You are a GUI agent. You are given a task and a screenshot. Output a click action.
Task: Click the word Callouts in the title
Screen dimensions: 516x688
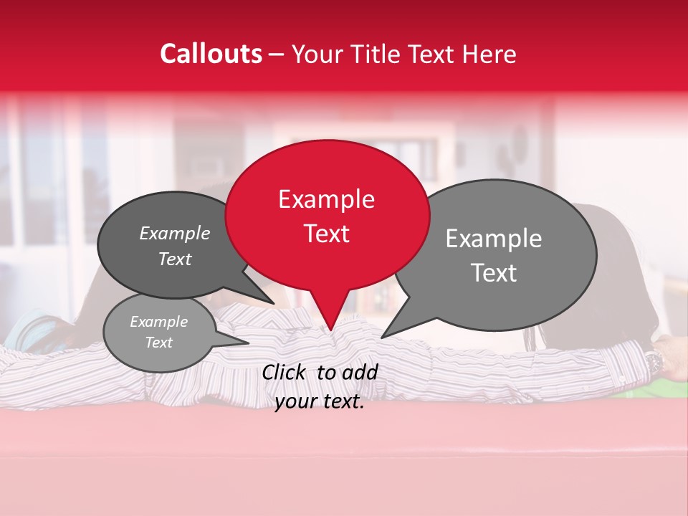(x=211, y=54)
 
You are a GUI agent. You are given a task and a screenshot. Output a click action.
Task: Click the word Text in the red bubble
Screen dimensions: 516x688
(x=327, y=233)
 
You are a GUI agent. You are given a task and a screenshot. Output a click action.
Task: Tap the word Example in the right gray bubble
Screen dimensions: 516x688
(x=494, y=238)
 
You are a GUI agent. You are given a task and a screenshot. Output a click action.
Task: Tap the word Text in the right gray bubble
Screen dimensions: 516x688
(x=494, y=272)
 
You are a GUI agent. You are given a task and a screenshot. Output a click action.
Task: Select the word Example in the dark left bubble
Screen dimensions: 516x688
(x=175, y=233)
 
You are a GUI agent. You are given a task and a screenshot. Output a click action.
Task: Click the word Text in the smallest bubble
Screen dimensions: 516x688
(x=159, y=343)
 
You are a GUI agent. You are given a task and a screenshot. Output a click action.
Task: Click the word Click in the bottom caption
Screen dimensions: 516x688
(x=285, y=371)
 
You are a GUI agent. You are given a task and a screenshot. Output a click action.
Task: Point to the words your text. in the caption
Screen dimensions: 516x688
(x=319, y=401)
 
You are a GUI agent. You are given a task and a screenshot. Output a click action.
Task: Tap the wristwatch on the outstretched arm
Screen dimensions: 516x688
(x=653, y=362)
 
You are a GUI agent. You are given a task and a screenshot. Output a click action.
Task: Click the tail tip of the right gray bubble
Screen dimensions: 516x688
(x=382, y=337)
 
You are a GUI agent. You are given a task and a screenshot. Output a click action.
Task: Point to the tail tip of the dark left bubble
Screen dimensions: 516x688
(x=274, y=303)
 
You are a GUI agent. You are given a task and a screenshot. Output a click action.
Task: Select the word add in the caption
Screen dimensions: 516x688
(x=360, y=371)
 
